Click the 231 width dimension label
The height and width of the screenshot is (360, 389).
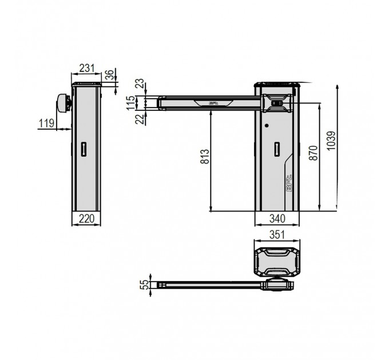pyautogui.click(x=86, y=68)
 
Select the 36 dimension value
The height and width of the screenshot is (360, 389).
pyautogui.click(x=110, y=75)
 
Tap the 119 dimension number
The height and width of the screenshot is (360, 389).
pyautogui.click(x=46, y=123)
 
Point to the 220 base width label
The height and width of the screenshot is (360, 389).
pyautogui.click(x=86, y=218)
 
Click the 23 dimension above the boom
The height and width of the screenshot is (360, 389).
pyautogui.click(x=140, y=84)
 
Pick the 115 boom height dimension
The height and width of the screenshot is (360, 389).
pyautogui.click(x=132, y=103)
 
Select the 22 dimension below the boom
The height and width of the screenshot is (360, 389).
pyautogui.click(x=140, y=119)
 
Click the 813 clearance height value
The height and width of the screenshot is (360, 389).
pyautogui.click(x=205, y=157)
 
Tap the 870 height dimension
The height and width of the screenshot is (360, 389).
pyautogui.click(x=313, y=153)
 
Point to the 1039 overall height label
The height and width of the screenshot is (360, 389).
pyautogui.click(x=331, y=141)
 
